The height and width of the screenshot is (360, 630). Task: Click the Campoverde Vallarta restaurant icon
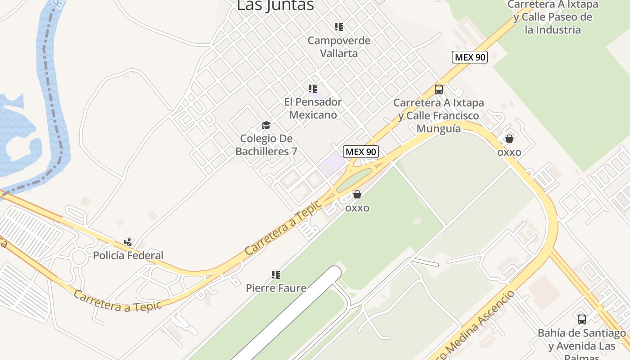[339, 27]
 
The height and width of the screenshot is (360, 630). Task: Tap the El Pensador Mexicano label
[313, 108]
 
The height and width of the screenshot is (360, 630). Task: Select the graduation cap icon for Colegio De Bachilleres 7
[266, 125]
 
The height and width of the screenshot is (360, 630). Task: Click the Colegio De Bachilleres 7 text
[266, 145]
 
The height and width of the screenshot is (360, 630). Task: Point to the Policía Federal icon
[128, 242]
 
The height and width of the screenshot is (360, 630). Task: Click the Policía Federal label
[128, 256]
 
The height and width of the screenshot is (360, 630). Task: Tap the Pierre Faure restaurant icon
[276, 274]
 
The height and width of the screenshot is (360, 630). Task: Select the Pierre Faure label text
[276, 288]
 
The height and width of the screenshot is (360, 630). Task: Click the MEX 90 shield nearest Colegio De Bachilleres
[361, 152]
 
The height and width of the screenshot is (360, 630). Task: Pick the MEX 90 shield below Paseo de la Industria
[470, 57]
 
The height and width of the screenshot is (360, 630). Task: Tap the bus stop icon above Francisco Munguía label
[439, 89]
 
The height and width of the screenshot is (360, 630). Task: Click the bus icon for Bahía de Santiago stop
[582, 319]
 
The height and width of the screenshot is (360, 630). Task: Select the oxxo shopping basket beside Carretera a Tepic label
[357, 194]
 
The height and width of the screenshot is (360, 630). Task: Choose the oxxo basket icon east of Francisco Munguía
[509, 138]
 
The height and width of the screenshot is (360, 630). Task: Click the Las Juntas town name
[275, 5]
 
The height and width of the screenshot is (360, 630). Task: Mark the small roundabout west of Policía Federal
[78, 258]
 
